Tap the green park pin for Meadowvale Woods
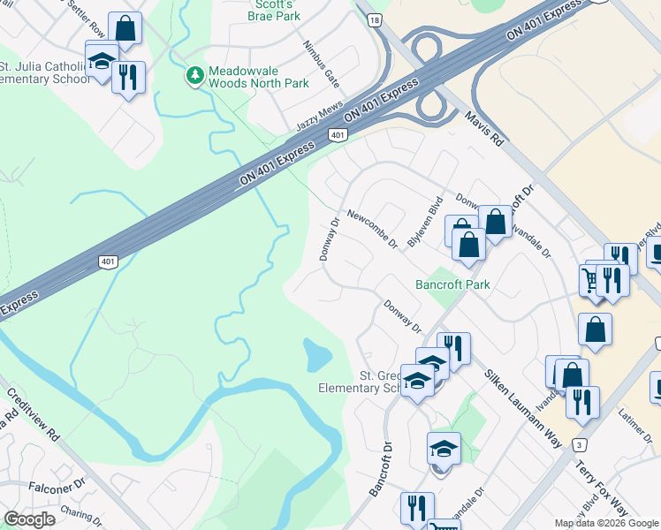tap(194, 76)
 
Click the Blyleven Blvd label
tap(436, 220)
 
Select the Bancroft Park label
tap(452, 284)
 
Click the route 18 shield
tap(376, 19)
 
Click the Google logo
tap(29, 519)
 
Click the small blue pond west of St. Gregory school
tap(315, 355)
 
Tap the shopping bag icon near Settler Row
tap(125, 29)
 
